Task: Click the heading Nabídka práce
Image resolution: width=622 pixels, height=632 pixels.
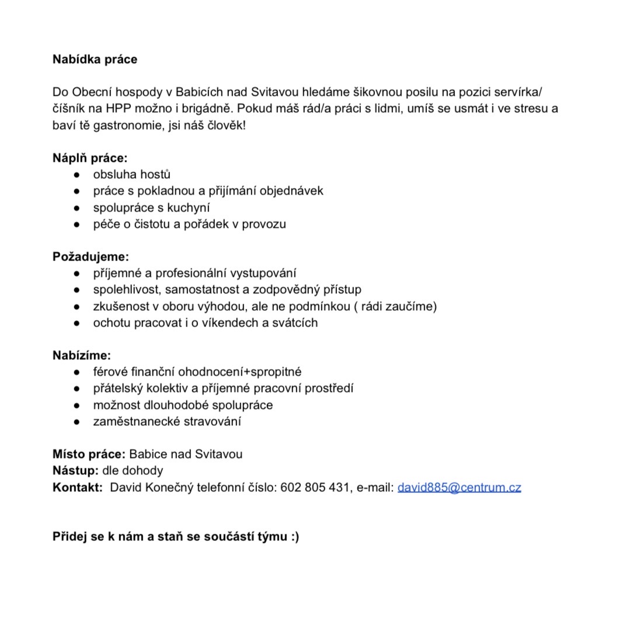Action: point(95,59)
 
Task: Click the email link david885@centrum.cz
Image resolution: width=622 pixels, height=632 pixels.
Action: point(459,487)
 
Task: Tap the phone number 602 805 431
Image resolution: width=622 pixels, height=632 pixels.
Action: point(315,487)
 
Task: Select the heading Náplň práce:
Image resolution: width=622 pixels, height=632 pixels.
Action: point(90,158)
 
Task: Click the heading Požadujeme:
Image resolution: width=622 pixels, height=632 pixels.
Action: point(91,256)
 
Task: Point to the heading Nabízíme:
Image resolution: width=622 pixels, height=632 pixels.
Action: point(82,355)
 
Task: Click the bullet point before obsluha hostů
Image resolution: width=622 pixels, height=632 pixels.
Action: point(77,175)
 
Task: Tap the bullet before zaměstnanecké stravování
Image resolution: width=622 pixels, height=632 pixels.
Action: point(77,422)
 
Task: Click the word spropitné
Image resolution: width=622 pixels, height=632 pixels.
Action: point(274,372)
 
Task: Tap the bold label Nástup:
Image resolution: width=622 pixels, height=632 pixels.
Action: point(75,470)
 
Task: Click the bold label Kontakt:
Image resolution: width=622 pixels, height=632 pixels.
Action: point(78,487)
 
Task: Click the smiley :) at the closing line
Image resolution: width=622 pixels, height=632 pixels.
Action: point(294,536)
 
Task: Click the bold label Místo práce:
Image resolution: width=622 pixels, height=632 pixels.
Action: point(89,454)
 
